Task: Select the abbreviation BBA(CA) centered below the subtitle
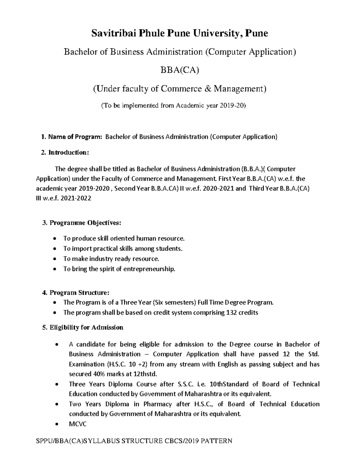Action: click(180, 70)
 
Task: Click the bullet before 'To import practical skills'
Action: click(54, 249)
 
